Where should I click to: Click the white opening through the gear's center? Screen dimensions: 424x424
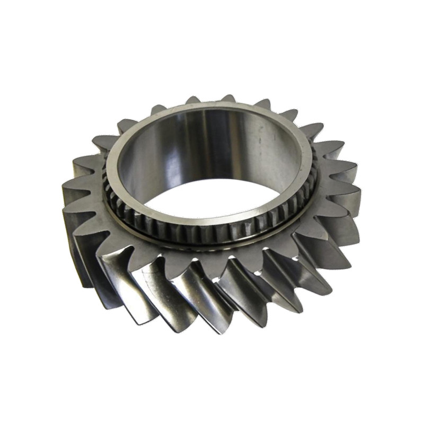[212, 196]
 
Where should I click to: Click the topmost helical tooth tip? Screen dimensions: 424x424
[228, 99]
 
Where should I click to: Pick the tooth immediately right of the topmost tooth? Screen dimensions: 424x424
[262, 103]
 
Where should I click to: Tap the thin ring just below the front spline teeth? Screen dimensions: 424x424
[212, 241]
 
